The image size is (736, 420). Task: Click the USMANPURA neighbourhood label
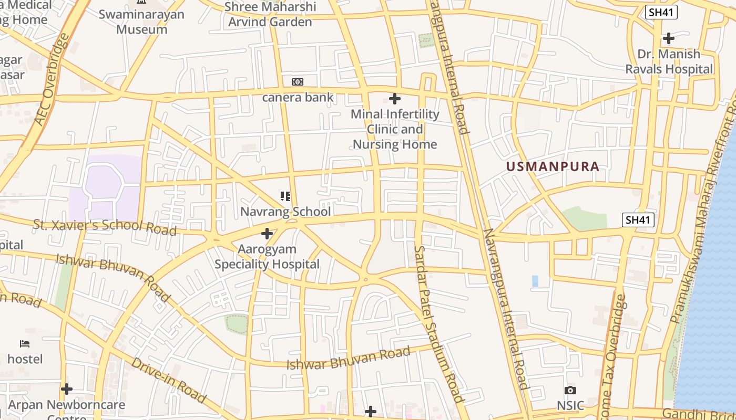pyautogui.click(x=553, y=167)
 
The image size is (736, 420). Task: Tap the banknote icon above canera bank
pyautogui.click(x=298, y=82)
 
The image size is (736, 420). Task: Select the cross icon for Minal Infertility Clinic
pyautogui.click(x=394, y=98)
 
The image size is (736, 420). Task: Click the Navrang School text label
pyautogui.click(x=285, y=212)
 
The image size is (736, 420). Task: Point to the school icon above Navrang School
pyautogui.click(x=285, y=196)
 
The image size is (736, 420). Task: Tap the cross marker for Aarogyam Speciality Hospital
pyautogui.click(x=267, y=233)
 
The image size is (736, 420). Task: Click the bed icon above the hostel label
pyautogui.click(x=25, y=344)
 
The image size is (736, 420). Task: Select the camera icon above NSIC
pyautogui.click(x=570, y=390)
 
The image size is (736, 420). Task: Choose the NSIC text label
pyautogui.click(x=570, y=406)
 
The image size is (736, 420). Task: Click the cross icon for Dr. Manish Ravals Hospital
pyautogui.click(x=668, y=38)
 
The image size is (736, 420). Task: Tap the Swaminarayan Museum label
pyautogui.click(x=142, y=22)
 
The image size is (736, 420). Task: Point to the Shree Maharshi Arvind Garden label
pyautogui.click(x=270, y=14)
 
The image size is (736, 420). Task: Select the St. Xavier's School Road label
pyautogui.click(x=105, y=227)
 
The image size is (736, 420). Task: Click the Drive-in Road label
pyautogui.click(x=168, y=380)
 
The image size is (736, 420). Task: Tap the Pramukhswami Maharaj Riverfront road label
pyautogui.click(x=703, y=210)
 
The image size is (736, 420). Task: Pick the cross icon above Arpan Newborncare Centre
pyautogui.click(x=67, y=389)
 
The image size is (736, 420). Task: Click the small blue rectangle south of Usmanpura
pyautogui.click(x=535, y=281)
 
